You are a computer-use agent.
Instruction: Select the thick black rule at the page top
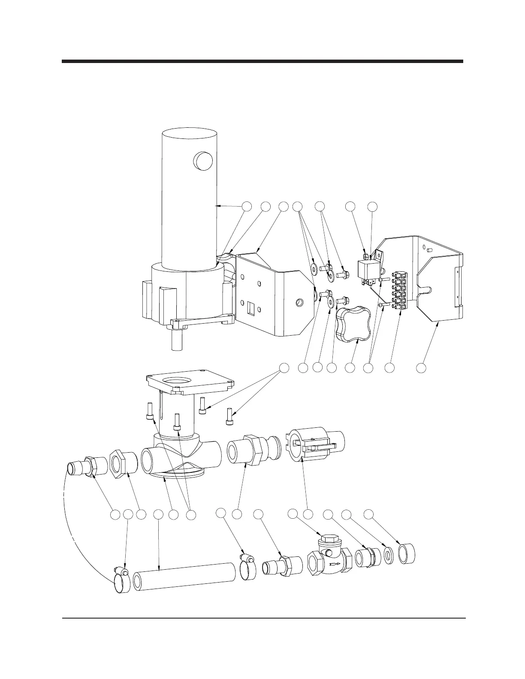click(x=262, y=61)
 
